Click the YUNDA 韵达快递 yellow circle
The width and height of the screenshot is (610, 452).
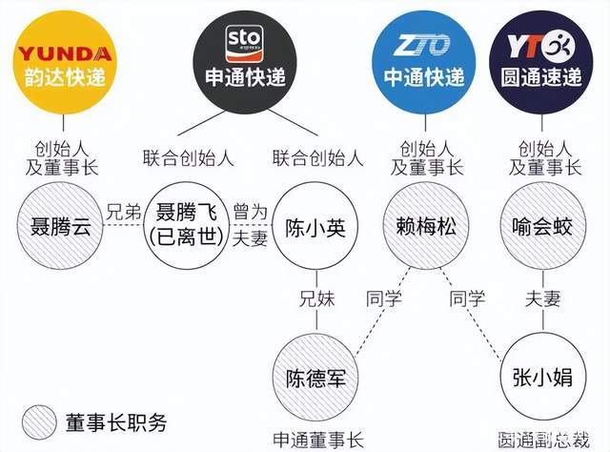[64, 62]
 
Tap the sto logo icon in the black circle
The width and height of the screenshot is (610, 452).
[244, 43]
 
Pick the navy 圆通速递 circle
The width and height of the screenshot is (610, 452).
[541, 62]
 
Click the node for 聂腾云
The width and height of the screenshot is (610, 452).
[60, 226]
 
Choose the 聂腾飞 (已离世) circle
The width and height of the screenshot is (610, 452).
[187, 226]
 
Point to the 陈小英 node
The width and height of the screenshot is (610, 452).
[315, 227]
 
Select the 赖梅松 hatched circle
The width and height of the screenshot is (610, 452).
[426, 226]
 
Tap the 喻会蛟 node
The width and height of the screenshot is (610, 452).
[542, 226]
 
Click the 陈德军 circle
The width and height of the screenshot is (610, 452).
[315, 378]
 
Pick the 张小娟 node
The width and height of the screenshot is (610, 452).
[542, 378]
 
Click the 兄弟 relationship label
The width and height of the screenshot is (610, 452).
[123, 213]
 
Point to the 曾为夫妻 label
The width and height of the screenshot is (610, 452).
[250, 225]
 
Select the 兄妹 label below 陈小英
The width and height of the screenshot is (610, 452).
[317, 299]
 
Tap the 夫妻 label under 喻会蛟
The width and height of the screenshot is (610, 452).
[542, 299]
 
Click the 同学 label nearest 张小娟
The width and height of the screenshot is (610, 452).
[467, 299]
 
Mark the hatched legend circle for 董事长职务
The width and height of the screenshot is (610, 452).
[39, 422]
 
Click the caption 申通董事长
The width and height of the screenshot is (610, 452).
[317, 441]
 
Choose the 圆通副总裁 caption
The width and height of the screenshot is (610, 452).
[543, 441]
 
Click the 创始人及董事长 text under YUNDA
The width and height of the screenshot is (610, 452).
[62, 158]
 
